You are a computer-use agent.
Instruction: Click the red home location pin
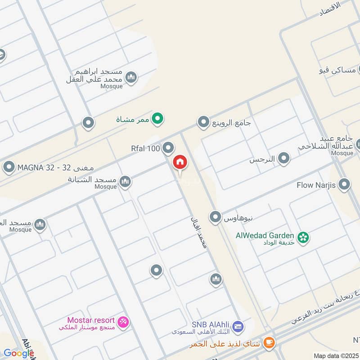180,162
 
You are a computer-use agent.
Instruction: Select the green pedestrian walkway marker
157,119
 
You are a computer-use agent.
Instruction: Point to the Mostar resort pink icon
123,322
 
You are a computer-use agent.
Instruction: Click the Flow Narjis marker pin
344,185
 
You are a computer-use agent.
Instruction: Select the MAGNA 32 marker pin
9,168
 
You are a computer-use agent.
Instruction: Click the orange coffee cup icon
269,343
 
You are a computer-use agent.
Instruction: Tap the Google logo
18,353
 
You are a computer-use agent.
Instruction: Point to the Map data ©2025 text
336,356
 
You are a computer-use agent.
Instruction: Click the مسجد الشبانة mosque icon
125,181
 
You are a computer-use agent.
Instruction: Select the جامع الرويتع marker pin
203,122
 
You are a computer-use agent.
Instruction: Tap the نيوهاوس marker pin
216,217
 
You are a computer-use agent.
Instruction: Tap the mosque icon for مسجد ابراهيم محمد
131,78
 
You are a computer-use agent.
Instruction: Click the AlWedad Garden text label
265,235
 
